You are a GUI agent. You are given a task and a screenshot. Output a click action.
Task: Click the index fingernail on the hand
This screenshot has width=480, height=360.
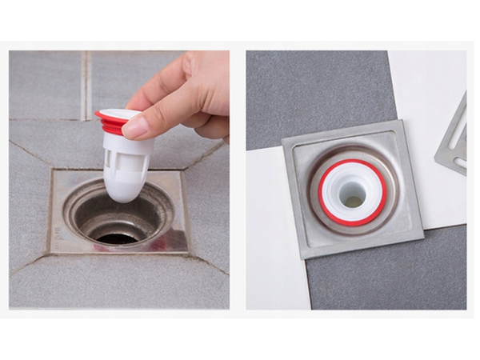136,125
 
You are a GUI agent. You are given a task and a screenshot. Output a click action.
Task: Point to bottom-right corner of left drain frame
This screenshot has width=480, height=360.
188,254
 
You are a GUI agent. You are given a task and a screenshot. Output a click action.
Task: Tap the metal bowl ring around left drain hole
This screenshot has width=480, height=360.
80,216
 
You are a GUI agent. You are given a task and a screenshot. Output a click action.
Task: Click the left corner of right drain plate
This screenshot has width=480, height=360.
282,144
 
